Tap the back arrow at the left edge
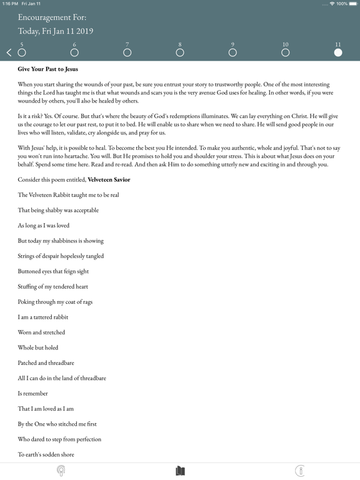tap(9, 52)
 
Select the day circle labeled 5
tap(22, 52)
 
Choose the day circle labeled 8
tap(180, 52)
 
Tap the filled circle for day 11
tap(338, 52)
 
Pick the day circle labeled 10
tap(286, 52)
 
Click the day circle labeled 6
tap(74, 52)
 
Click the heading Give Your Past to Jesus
tap(52, 69)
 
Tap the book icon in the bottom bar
tap(180, 471)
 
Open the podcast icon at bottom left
tap(61, 471)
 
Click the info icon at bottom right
tap(300, 471)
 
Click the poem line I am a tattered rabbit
tap(43, 317)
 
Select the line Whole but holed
tap(38, 347)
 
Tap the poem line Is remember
tap(33, 393)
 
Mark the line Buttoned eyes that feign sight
tap(52, 271)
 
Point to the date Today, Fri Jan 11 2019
tap(56, 31)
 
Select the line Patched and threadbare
tap(46, 362)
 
